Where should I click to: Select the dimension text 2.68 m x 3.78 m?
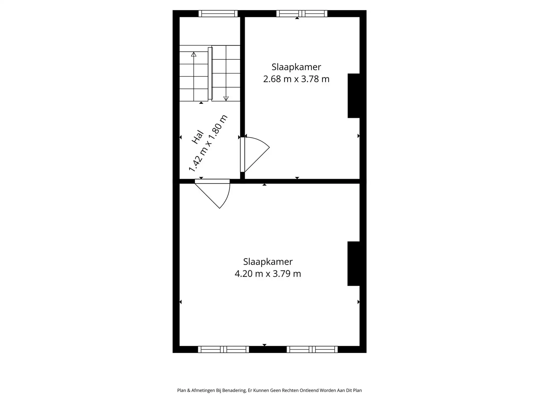(296, 79)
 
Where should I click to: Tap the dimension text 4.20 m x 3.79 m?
(268, 274)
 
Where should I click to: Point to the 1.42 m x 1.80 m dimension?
(208, 143)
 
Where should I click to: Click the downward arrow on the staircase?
(226, 98)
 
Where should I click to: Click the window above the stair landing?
(218, 13)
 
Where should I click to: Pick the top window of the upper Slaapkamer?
(302, 13)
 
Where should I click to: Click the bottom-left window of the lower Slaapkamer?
(223, 350)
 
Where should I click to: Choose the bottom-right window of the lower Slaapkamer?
(312, 350)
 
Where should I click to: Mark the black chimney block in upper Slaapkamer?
(354, 96)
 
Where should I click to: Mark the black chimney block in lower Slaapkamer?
(354, 263)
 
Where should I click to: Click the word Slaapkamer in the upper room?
(296, 67)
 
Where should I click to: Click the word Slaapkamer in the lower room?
(268, 262)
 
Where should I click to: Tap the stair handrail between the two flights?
(210, 73)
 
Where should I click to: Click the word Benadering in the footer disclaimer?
(234, 391)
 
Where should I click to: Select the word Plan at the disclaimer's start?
(182, 391)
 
